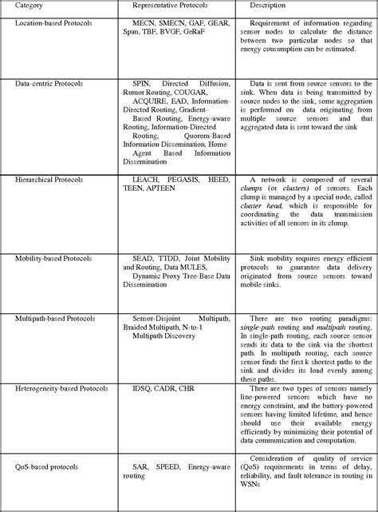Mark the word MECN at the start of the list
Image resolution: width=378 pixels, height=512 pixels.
(x=145, y=24)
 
